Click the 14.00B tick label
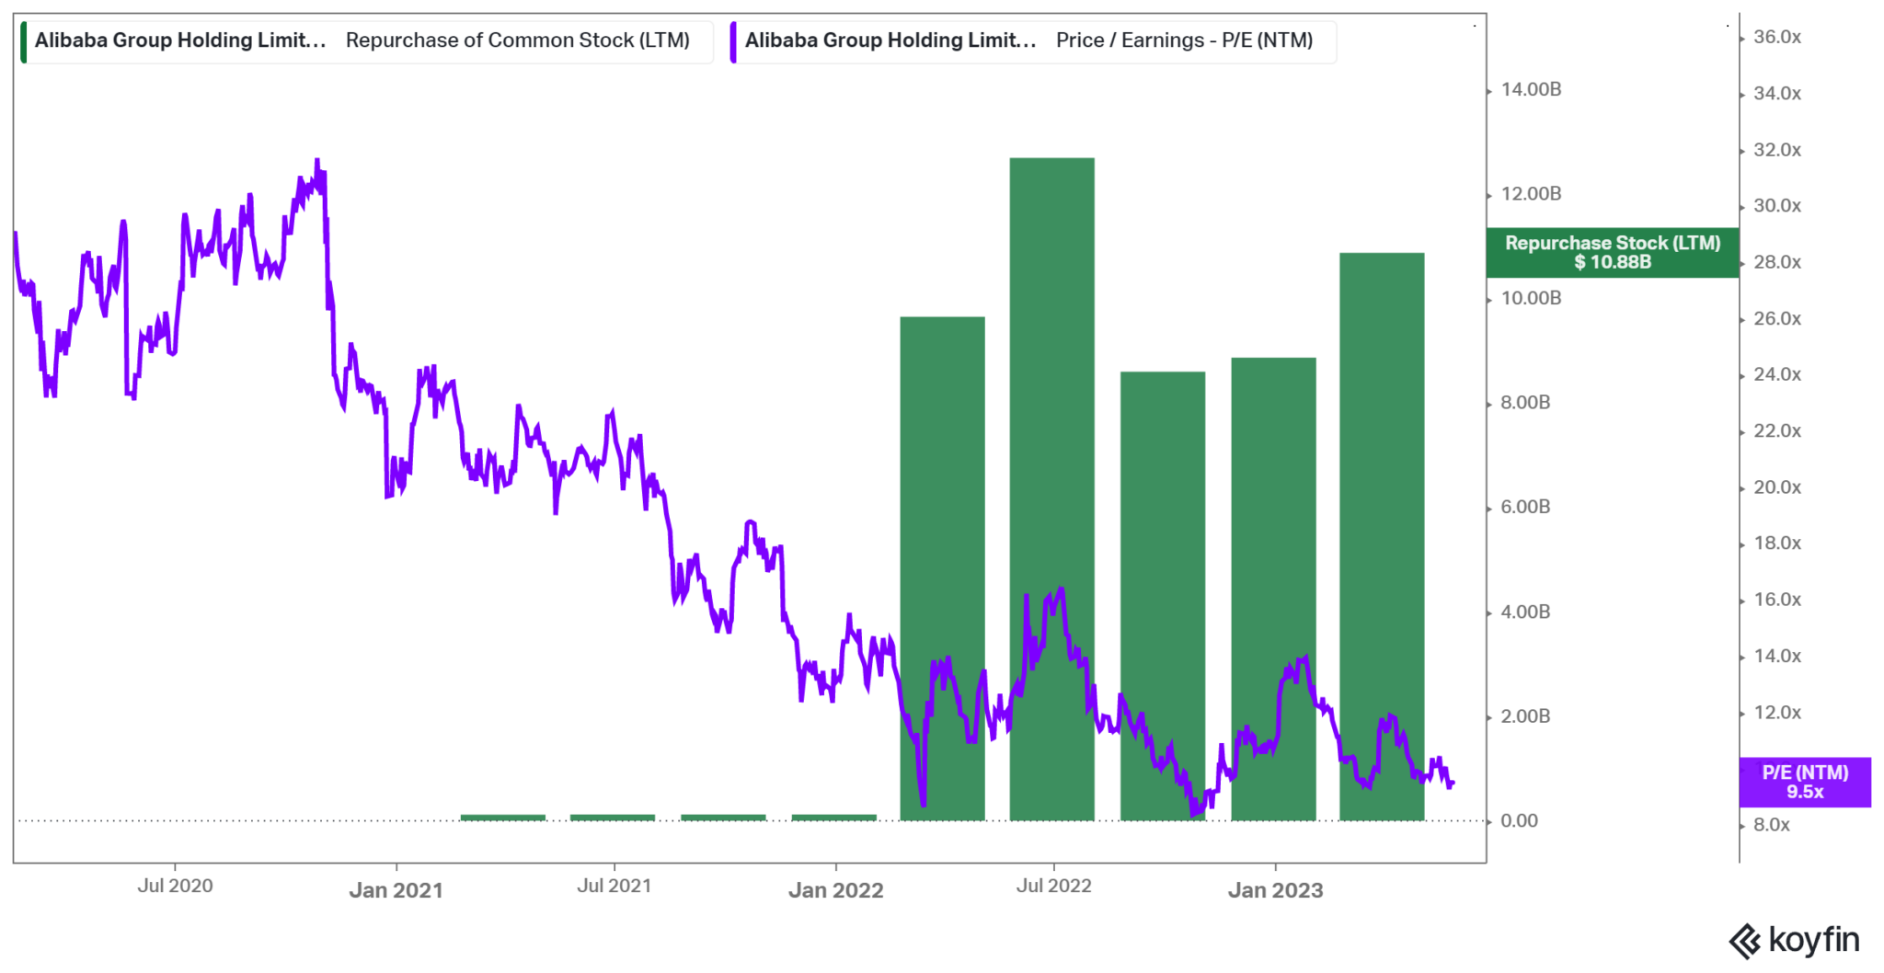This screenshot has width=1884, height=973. point(1531,89)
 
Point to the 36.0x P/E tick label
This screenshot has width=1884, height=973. point(1776,37)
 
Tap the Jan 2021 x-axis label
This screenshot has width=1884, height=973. point(396,889)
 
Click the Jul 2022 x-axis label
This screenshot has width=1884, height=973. point(1053,886)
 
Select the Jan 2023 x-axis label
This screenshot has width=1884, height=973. point(1275,889)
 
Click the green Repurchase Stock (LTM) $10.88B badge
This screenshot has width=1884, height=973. point(1612,252)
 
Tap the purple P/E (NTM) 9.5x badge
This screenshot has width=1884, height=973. point(1804,782)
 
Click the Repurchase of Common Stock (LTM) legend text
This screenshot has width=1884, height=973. point(517,40)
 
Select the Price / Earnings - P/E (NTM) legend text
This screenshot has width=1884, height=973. point(1184,40)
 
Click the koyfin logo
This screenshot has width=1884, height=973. point(1794,940)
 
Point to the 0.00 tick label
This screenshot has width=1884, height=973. point(1519,820)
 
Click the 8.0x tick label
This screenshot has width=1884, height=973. point(1771,825)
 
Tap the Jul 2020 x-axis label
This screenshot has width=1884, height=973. point(175,886)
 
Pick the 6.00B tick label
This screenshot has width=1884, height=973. point(1525,507)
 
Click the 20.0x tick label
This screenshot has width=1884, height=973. point(1776,487)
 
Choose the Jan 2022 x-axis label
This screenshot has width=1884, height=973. point(835,889)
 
